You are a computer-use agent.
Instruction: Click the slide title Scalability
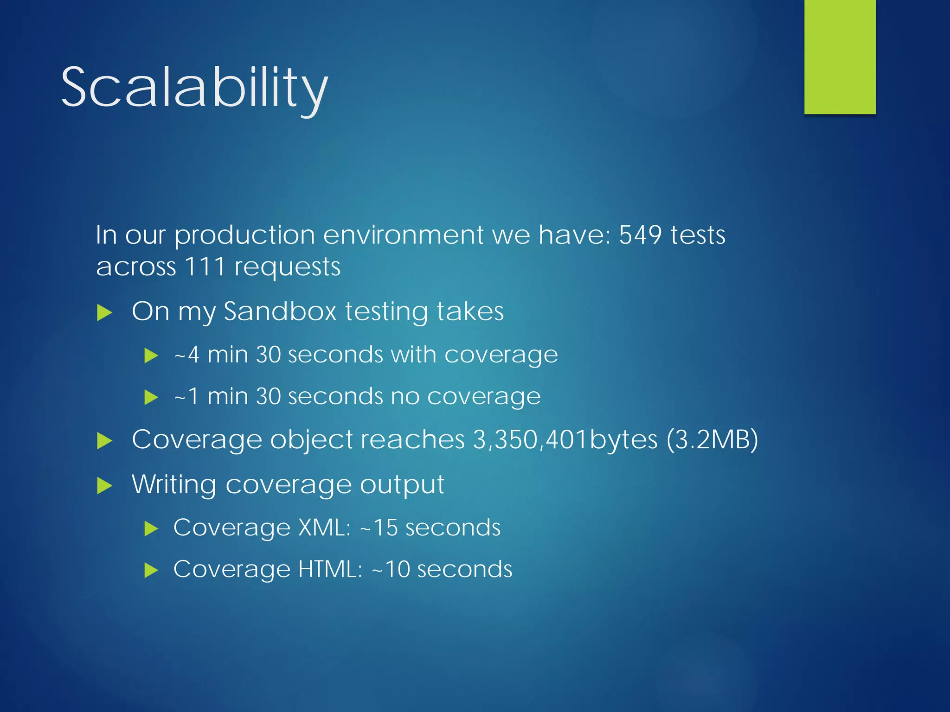coord(194,88)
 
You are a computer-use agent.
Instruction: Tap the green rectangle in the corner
coord(840,57)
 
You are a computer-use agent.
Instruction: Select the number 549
coord(640,235)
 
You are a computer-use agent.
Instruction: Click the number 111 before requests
coord(205,267)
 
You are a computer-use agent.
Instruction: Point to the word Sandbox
coord(280,311)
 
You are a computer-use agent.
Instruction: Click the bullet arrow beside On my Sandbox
coord(104,313)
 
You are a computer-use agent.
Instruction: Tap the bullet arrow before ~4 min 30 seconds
coord(151,356)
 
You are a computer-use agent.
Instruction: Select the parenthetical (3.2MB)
coord(712,439)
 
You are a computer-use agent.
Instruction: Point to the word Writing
coord(174,485)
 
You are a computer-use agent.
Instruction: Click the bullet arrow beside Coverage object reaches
coord(104,441)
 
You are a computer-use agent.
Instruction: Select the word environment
coord(403,235)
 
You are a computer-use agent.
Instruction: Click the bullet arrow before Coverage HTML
coord(151,570)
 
